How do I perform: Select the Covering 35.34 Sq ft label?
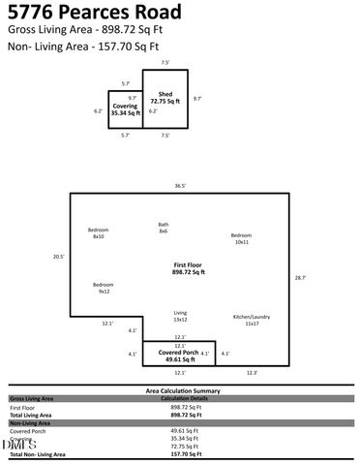tap(124, 108)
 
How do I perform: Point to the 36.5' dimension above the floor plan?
tap(180, 185)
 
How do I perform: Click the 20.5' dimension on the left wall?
tap(58, 257)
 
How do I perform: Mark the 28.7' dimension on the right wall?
tap(300, 278)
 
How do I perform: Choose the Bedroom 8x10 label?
tap(98, 233)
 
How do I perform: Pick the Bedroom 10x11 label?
tap(241, 238)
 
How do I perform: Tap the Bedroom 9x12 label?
tap(104, 288)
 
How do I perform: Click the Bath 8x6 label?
tap(164, 228)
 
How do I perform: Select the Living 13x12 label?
tap(180, 316)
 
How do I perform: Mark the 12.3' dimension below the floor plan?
tap(252, 373)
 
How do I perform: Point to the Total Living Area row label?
tap(32, 414)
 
